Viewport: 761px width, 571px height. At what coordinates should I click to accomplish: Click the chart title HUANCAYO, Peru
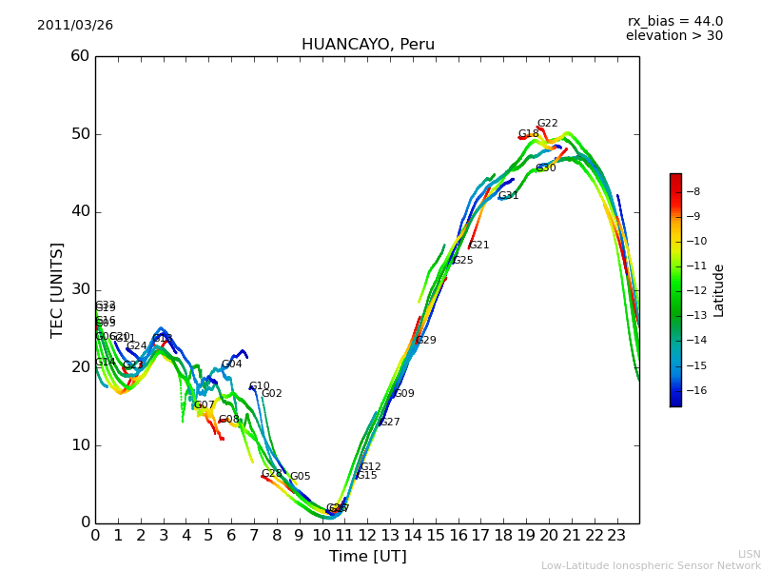click(x=367, y=45)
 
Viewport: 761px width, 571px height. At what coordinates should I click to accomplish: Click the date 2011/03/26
click(x=75, y=26)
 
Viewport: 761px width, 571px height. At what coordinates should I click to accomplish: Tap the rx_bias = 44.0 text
click(x=674, y=22)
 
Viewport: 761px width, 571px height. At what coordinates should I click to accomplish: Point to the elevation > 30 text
click(x=673, y=36)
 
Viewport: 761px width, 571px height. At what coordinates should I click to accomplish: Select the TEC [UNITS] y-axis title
click(x=58, y=289)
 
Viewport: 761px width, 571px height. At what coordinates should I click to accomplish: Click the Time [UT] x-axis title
click(x=367, y=557)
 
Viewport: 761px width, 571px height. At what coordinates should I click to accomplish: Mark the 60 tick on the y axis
click(x=80, y=56)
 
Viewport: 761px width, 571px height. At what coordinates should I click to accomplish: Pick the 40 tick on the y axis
click(x=80, y=211)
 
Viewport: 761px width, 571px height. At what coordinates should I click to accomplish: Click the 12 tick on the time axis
click(x=367, y=536)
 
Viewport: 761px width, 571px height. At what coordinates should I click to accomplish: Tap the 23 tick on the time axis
click(x=616, y=536)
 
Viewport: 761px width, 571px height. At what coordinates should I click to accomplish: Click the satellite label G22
click(x=547, y=124)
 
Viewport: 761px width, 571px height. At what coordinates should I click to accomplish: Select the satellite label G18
click(x=528, y=134)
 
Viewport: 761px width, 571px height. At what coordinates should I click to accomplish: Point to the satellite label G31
click(x=508, y=196)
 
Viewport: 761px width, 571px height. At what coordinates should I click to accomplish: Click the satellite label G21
click(x=478, y=246)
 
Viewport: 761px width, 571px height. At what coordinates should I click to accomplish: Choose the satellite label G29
click(x=425, y=341)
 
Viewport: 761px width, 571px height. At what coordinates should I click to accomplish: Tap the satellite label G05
click(x=300, y=477)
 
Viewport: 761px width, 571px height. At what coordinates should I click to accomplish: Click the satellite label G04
click(x=231, y=364)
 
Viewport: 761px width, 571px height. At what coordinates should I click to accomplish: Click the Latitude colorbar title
click(x=719, y=290)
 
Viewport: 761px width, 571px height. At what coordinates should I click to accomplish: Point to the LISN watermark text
click(x=749, y=554)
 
